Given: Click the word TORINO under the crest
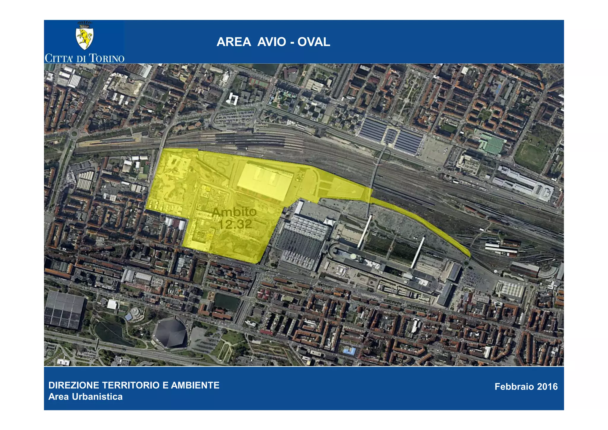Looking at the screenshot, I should [x=107, y=58].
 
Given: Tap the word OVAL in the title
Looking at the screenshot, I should [x=314, y=42].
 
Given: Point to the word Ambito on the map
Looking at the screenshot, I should [x=234, y=212].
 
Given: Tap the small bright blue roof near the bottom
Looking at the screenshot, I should [x=349, y=352].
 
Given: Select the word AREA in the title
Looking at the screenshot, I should [x=234, y=42].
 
